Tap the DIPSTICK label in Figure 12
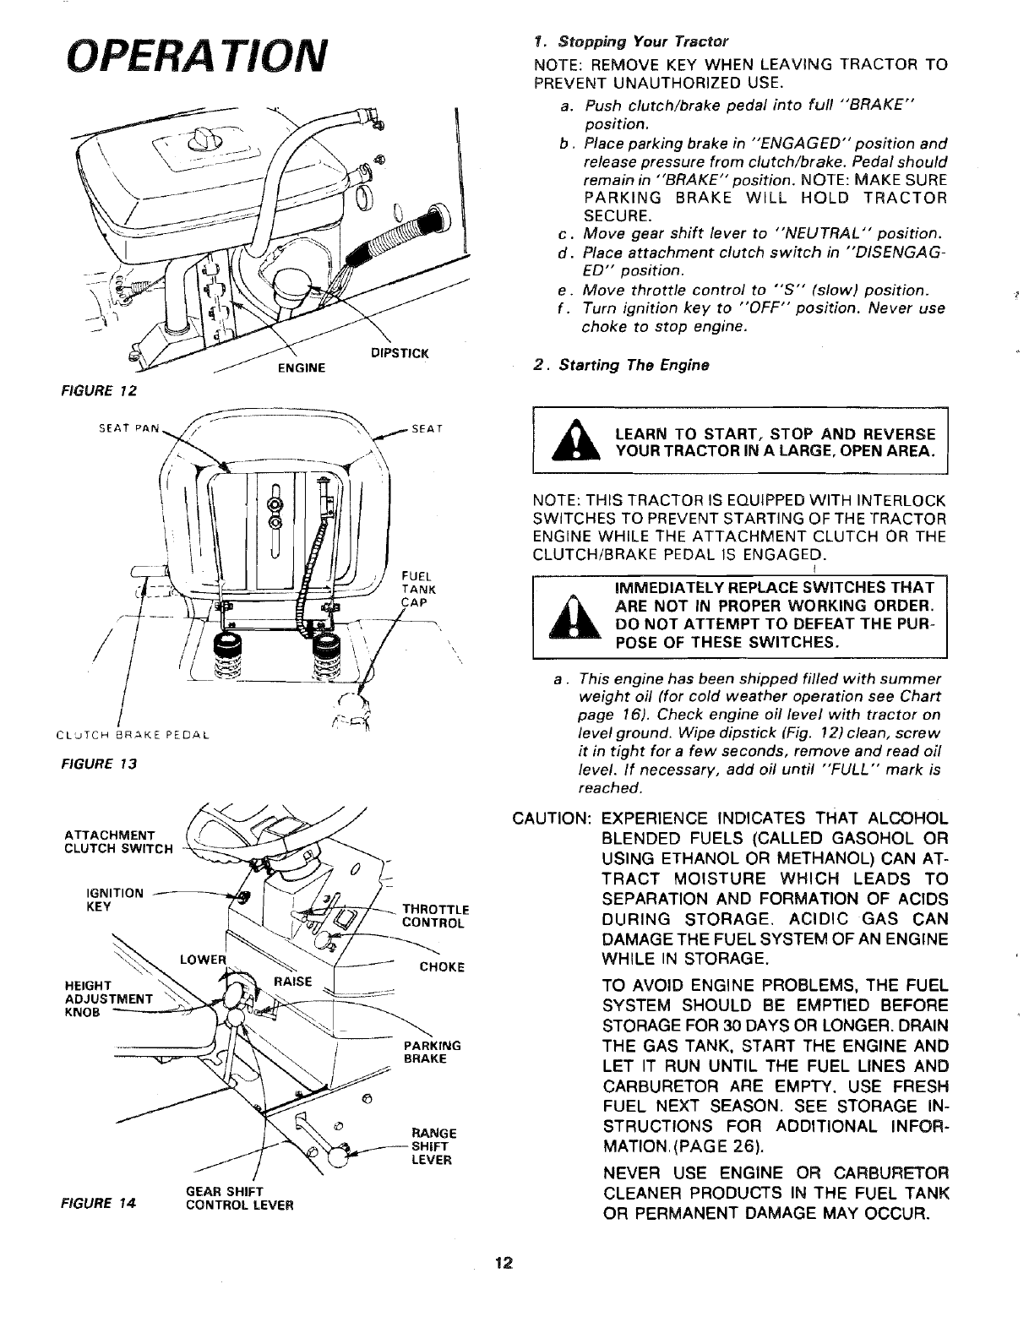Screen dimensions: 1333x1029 point(400,353)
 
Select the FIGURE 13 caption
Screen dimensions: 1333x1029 point(105,764)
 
